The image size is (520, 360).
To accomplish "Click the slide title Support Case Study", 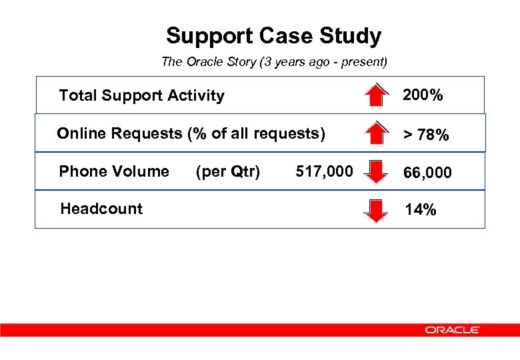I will pyautogui.click(x=273, y=35).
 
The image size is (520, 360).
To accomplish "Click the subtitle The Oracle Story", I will pyautogui.click(x=273, y=62).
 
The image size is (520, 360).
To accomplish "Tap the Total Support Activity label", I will pyautogui.click(x=141, y=95).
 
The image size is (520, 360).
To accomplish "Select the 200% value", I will pyautogui.click(x=423, y=95).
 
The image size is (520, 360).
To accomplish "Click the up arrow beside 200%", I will pyautogui.click(x=377, y=95).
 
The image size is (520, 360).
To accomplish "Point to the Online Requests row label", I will pyautogui.click(x=191, y=133).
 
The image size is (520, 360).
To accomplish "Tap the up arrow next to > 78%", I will pyautogui.click(x=377, y=133).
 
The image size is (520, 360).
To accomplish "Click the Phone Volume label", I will pyautogui.click(x=114, y=171).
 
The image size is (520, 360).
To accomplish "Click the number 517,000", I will pyautogui.click(x=324, y=172).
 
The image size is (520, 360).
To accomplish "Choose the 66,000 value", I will pyautogui.click(x=428, y=173).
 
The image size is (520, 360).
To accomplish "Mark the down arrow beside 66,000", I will pyautogui.click(x=377, y=172).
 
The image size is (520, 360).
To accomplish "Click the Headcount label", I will pyautogui.click(x=101, y=209).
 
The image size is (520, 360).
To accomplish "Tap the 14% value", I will pyautogui.click(x=421, y=210).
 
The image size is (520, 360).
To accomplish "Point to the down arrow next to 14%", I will pyautogui.click(x=377, y=210).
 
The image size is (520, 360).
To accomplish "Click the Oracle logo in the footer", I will pyautogui.click(x=452, y=330).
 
